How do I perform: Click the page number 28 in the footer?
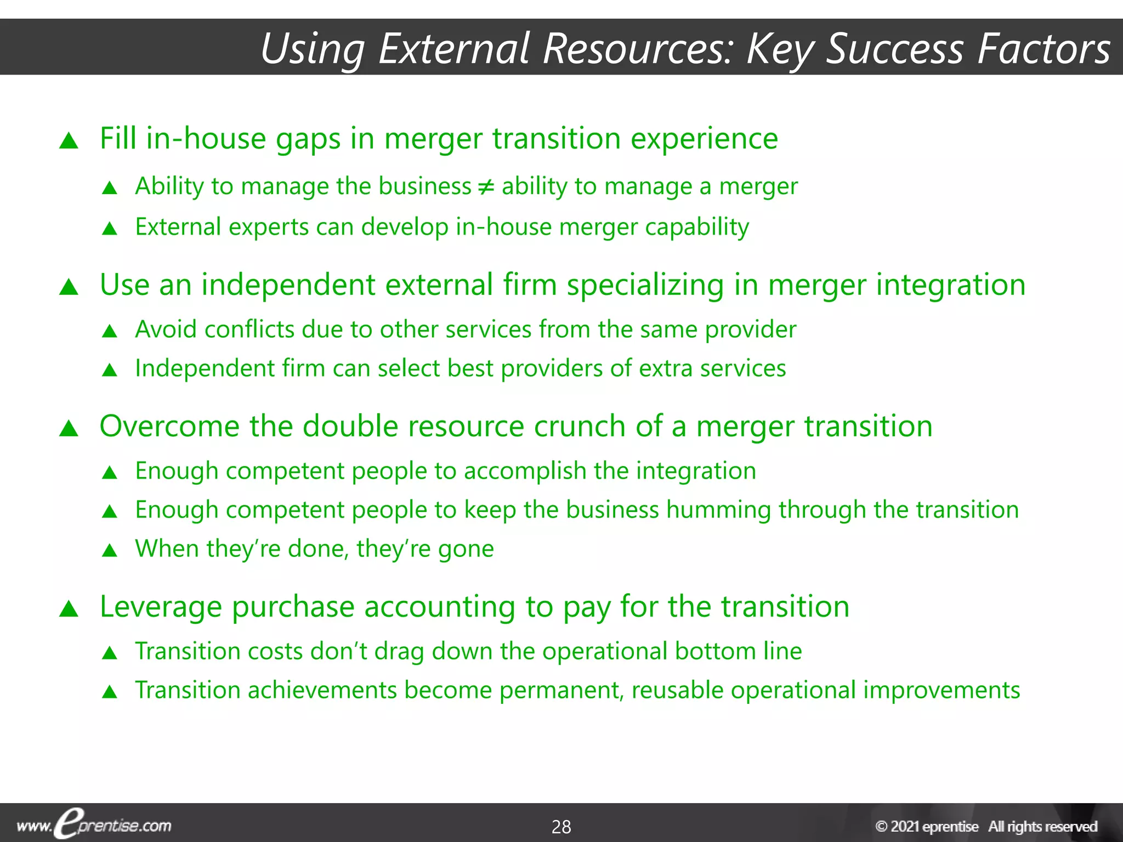(561, 827)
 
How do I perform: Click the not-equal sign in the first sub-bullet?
(486, 187)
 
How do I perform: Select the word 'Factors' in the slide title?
(1044, 49)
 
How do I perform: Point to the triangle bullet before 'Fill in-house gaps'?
(69, 141)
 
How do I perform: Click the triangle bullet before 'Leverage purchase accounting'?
(69, 609)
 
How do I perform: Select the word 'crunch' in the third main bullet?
(580, 426)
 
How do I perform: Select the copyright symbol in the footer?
(881, 827)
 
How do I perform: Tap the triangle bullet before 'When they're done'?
(110, 550)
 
